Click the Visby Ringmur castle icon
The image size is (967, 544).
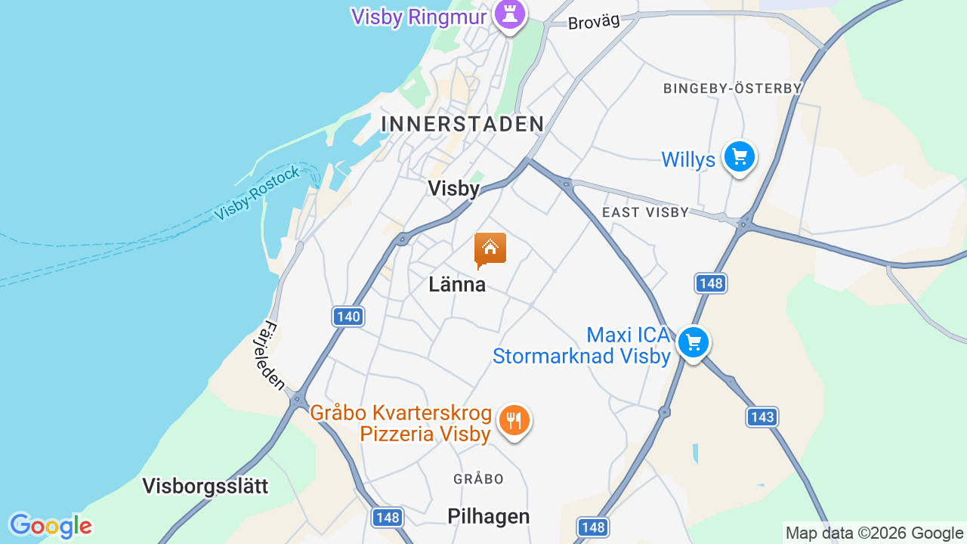tap(509, 14)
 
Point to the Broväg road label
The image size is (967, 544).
tap(594, 22)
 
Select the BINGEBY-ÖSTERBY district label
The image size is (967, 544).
tap(732, 88)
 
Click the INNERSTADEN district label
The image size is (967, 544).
tap(462, 124)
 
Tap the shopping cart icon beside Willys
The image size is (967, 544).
tap(739, 157)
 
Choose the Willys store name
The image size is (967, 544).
tap(687, 159)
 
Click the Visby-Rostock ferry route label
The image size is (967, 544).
tap(257, 194)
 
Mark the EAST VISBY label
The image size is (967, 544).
tap(645, 212)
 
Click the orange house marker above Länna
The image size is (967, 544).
tap(490, 249)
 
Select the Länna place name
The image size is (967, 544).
tap(456, 285)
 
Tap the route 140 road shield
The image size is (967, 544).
tap(348, 317)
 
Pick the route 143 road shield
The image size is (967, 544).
tap(762, 416)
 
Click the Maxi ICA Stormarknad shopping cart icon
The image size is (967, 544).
tap(693, 343)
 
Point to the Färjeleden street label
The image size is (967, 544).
tap(270, 356)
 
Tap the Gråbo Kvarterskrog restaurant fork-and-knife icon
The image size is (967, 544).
tap(514, 420)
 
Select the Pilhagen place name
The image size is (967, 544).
tap(488, 516)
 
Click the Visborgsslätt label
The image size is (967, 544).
tap(205, 486)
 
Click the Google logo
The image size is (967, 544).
tap(50, 526)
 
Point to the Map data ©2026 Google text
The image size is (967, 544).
tap(874, 533)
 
